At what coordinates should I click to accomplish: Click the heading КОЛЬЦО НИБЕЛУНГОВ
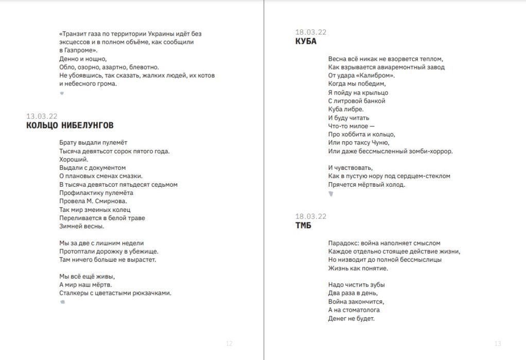[70, 125]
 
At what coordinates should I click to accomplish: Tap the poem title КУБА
[306, 41]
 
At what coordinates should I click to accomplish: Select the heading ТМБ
[303, 225]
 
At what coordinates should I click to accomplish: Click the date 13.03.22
[42, 116]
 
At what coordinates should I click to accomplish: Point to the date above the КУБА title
[310, 32]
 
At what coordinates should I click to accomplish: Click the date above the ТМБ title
[310, 217]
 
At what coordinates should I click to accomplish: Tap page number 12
[230, 344]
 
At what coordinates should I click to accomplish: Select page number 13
[497, 344]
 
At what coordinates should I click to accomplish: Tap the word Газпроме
[81, 50]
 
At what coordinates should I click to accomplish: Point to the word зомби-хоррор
[431, 151]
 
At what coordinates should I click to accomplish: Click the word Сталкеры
[74, 293]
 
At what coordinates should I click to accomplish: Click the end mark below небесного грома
[62, 93]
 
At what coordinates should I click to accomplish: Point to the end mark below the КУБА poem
[330, 194]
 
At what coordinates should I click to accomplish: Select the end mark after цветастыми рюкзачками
[62, 302]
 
